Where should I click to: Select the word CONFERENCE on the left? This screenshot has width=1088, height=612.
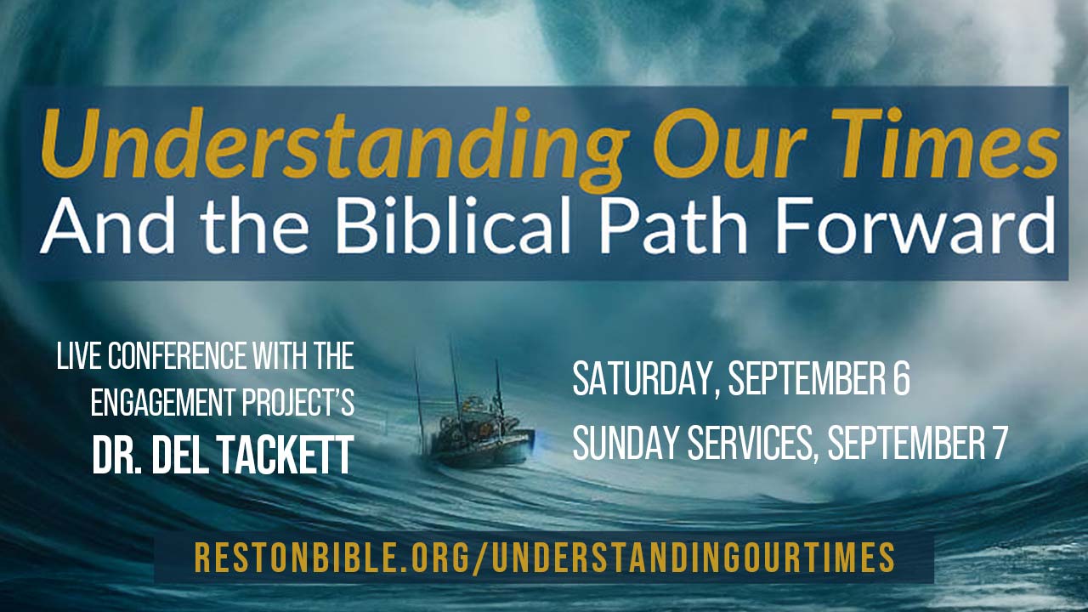[x=178, y=356]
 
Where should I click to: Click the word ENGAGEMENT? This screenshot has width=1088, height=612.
[x=162, y=403]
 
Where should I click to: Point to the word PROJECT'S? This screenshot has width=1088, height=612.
[x=298, y=403]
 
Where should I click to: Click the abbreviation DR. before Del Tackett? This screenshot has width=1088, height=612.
[x=118, y=455]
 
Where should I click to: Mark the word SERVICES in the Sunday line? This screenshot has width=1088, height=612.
[x=750, y=444]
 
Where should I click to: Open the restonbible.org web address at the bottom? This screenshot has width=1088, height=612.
[x=545, y=558]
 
